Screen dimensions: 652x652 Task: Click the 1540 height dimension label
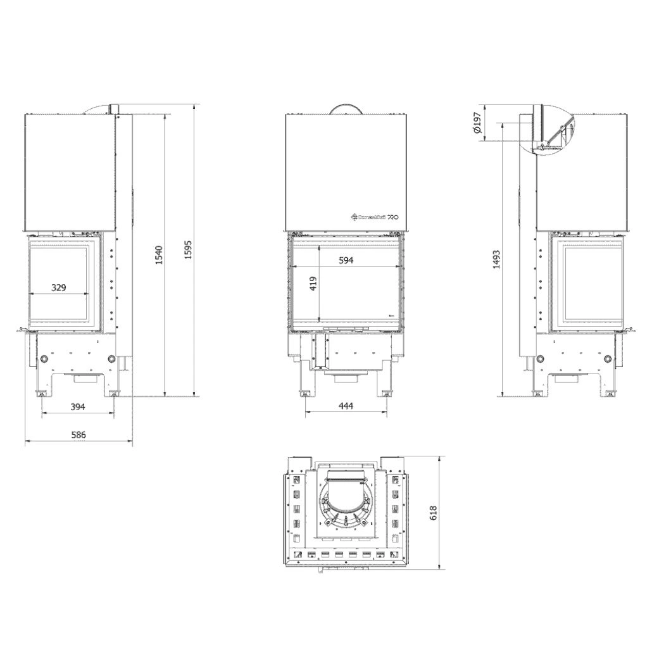pos(160,255)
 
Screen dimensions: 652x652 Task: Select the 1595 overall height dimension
pos(187,251)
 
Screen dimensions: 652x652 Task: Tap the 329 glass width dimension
pos(58,288)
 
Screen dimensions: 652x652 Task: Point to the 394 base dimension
pos(77,406)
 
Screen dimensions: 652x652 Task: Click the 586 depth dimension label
pos(78,435)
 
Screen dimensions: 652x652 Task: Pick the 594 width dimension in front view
pos(346,260)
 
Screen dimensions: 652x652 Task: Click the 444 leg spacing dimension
pos(345,406)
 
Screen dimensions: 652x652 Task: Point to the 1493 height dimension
pos(496,259)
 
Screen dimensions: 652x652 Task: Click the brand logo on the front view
pos(374,216)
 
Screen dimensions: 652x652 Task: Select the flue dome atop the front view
pos(346,108)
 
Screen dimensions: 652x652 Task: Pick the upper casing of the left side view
pos(70,171)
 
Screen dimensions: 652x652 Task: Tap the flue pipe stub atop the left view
pos(116,110)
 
